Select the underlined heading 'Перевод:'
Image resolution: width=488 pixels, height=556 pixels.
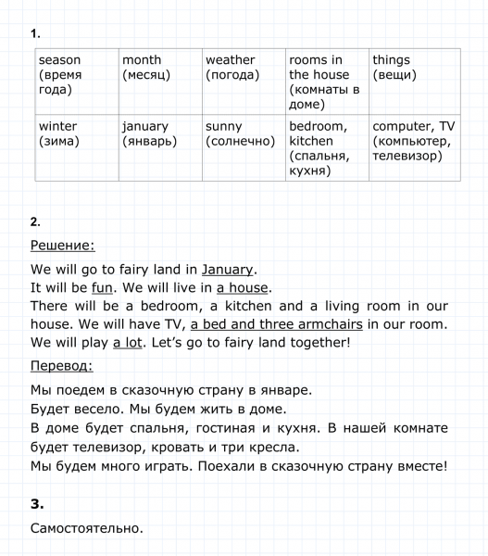click(61, 365)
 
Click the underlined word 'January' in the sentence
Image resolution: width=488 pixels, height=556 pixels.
click(227, 270)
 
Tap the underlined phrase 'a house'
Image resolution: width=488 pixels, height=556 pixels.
click(243, 287)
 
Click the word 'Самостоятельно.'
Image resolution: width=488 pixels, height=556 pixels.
click(86, 529)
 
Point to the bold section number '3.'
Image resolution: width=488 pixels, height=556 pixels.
click(37, 505)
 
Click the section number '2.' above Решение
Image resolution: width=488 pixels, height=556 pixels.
click(35, 222)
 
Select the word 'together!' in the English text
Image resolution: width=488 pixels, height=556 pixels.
click(319, 342)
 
